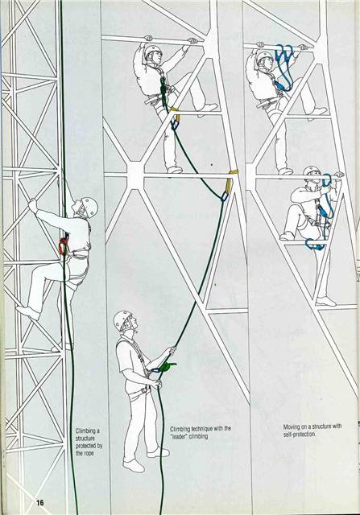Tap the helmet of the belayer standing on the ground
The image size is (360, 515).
coord(122,319)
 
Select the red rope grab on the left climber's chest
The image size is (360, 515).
coord(64,245)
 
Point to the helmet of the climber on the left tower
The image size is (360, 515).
coord(87,206)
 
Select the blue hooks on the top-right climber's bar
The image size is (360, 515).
coord(283,56)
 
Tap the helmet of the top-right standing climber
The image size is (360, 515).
coord(265,58)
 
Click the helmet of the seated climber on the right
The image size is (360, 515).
coord(312,173)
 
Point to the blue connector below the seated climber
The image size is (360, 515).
coord(315,244)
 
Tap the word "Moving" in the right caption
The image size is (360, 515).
coord(293,426)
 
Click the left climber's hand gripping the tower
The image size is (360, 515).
coord(32,206)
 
